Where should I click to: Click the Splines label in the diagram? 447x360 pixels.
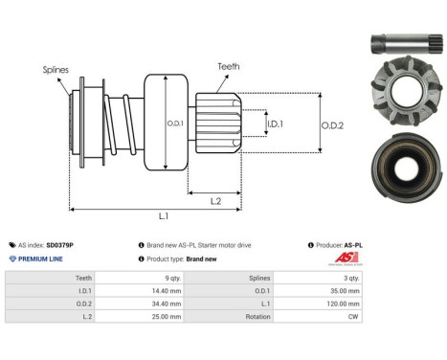click(x=55, y=70)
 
